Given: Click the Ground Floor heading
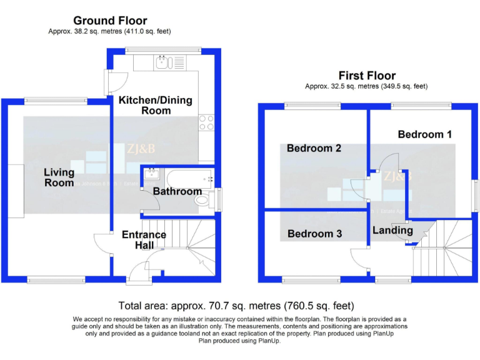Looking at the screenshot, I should tap(110, 21).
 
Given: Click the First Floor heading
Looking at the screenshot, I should tap(366, 75).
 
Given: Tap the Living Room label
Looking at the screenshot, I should tap(59, 177).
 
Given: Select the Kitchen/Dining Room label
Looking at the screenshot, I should tap(156, 105).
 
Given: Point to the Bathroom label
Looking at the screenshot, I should tap(177, 191).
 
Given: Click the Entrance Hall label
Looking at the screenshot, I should tap(144, 240).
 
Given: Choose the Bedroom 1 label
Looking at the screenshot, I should tap(424, 134).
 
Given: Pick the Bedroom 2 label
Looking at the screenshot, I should tap(314, 149).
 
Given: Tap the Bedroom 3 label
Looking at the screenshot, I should tap(314, 234).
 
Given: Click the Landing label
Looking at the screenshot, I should tap(392, 230).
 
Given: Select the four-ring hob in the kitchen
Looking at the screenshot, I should tap(206, 122).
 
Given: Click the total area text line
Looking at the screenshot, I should tap(236, 306).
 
